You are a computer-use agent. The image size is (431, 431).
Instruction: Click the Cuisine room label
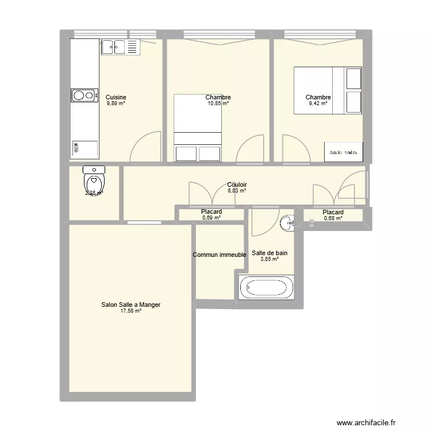tap(116, 97)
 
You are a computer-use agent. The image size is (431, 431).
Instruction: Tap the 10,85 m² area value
tap(218, 103)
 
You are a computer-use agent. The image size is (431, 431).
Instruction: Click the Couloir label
tap(237, 184)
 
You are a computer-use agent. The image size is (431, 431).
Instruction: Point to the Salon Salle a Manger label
tap(130, 305)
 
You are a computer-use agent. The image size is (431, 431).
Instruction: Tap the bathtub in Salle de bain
tap(267, 287)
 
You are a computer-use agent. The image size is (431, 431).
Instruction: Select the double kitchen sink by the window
tap(121, 47)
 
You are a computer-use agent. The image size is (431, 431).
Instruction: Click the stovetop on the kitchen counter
tap(84, 95)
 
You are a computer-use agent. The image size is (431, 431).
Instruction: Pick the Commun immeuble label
tap(220, 255)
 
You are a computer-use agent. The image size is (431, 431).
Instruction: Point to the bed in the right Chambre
tap(328, 90)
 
